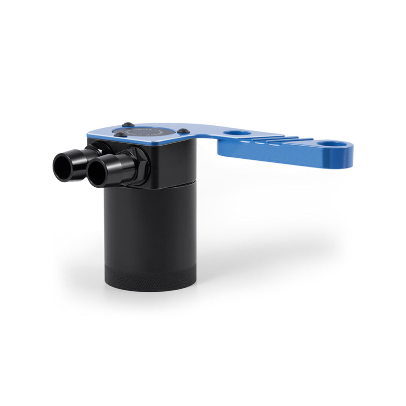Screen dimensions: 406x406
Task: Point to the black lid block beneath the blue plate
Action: point(173,162)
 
